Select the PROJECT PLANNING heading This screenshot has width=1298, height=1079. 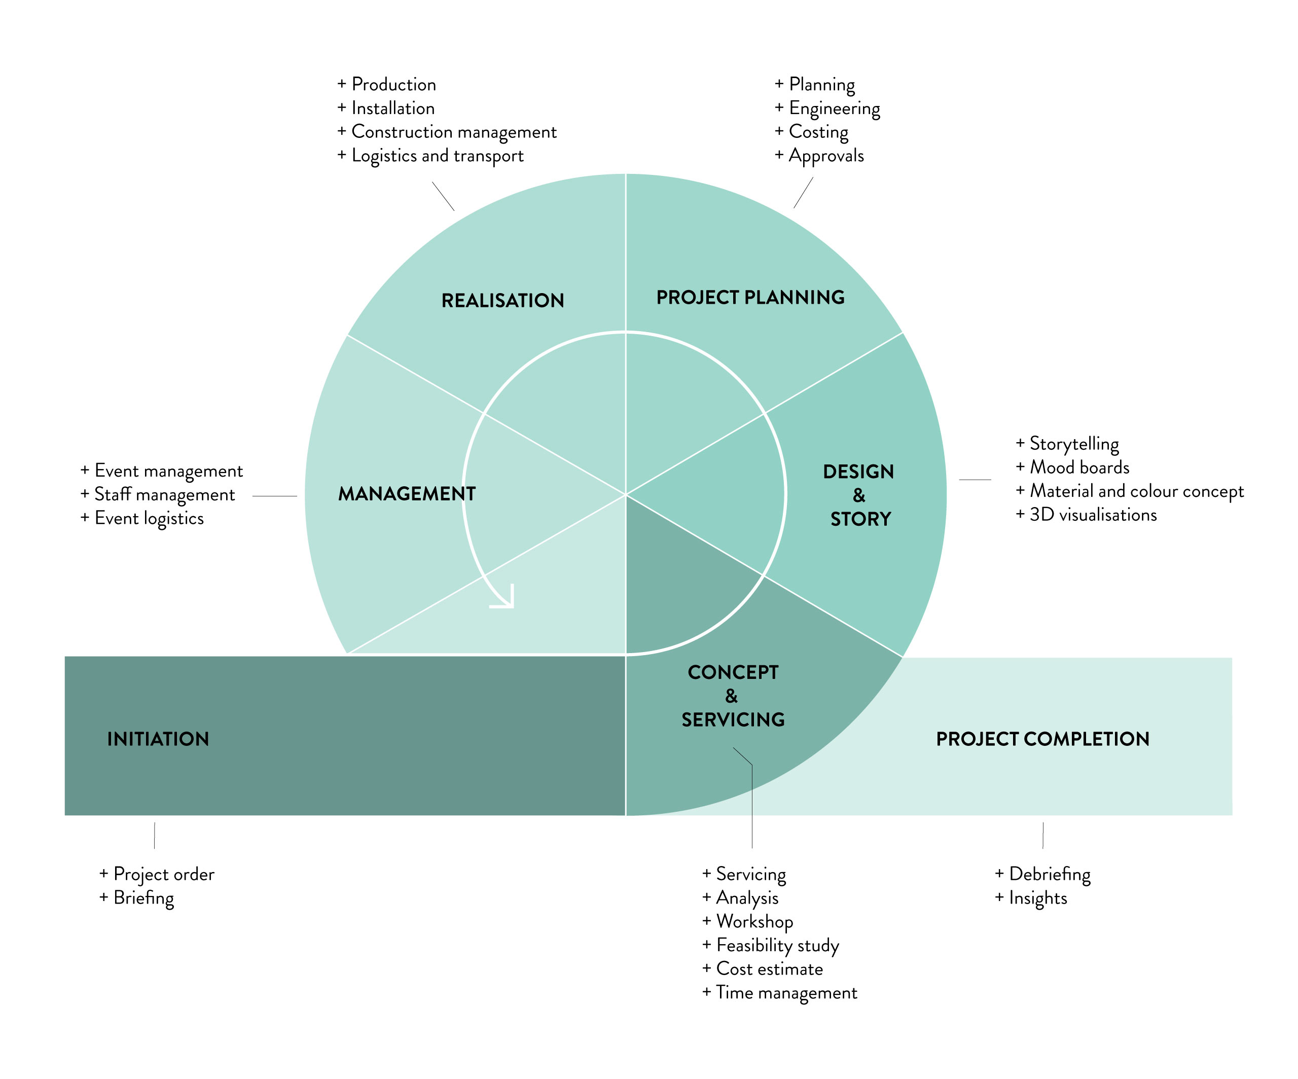pos(750,297)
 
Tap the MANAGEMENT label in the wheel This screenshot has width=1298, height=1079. pos(407,494)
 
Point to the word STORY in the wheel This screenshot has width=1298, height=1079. pos(860,519)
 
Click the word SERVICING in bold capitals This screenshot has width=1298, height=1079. pos(733,720)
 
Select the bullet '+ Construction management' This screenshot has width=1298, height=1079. pos(447,132)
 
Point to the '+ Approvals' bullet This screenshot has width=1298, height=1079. pos(819,156)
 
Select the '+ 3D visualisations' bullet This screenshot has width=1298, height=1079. pos(1086,515)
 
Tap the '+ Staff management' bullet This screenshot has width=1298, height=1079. pos(158,494)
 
